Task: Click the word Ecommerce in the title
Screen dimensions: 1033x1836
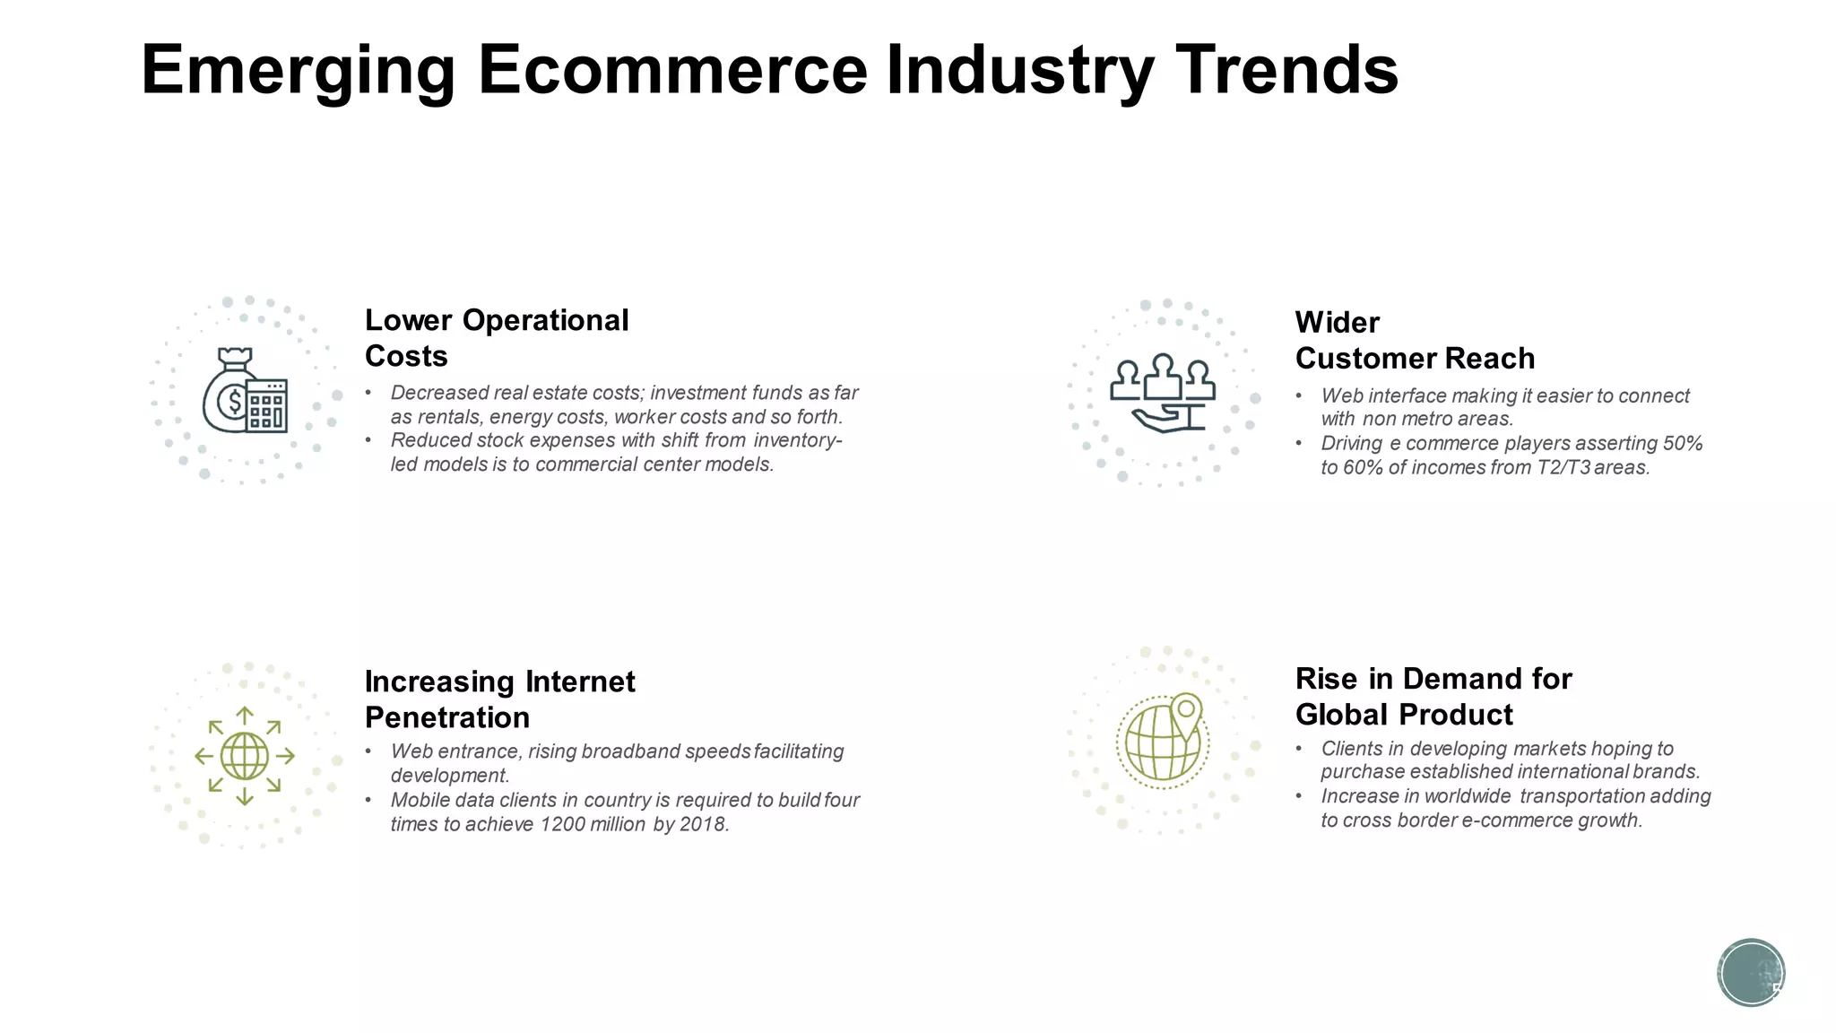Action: pos(672,70)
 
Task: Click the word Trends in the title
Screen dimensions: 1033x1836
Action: pos(1286,70)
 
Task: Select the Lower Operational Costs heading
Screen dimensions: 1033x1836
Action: pos(496,338)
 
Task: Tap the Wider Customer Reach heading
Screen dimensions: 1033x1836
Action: pos(1414,341)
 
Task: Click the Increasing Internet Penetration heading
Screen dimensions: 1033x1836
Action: pos(498,699)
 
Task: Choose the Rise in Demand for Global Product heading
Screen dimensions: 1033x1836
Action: pos(1433,697)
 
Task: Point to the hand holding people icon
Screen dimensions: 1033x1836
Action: pos(1163,394)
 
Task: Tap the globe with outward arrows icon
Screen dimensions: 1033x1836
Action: pos(244,756)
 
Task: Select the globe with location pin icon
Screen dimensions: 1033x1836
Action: pos(1162,741)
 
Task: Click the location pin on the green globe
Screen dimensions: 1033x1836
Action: pos(1186,711)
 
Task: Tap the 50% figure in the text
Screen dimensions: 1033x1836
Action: pos(1682,444)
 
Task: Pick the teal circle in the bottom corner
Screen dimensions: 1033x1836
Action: pos(1750,973)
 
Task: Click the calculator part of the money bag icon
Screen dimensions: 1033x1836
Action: pos(267,406)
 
